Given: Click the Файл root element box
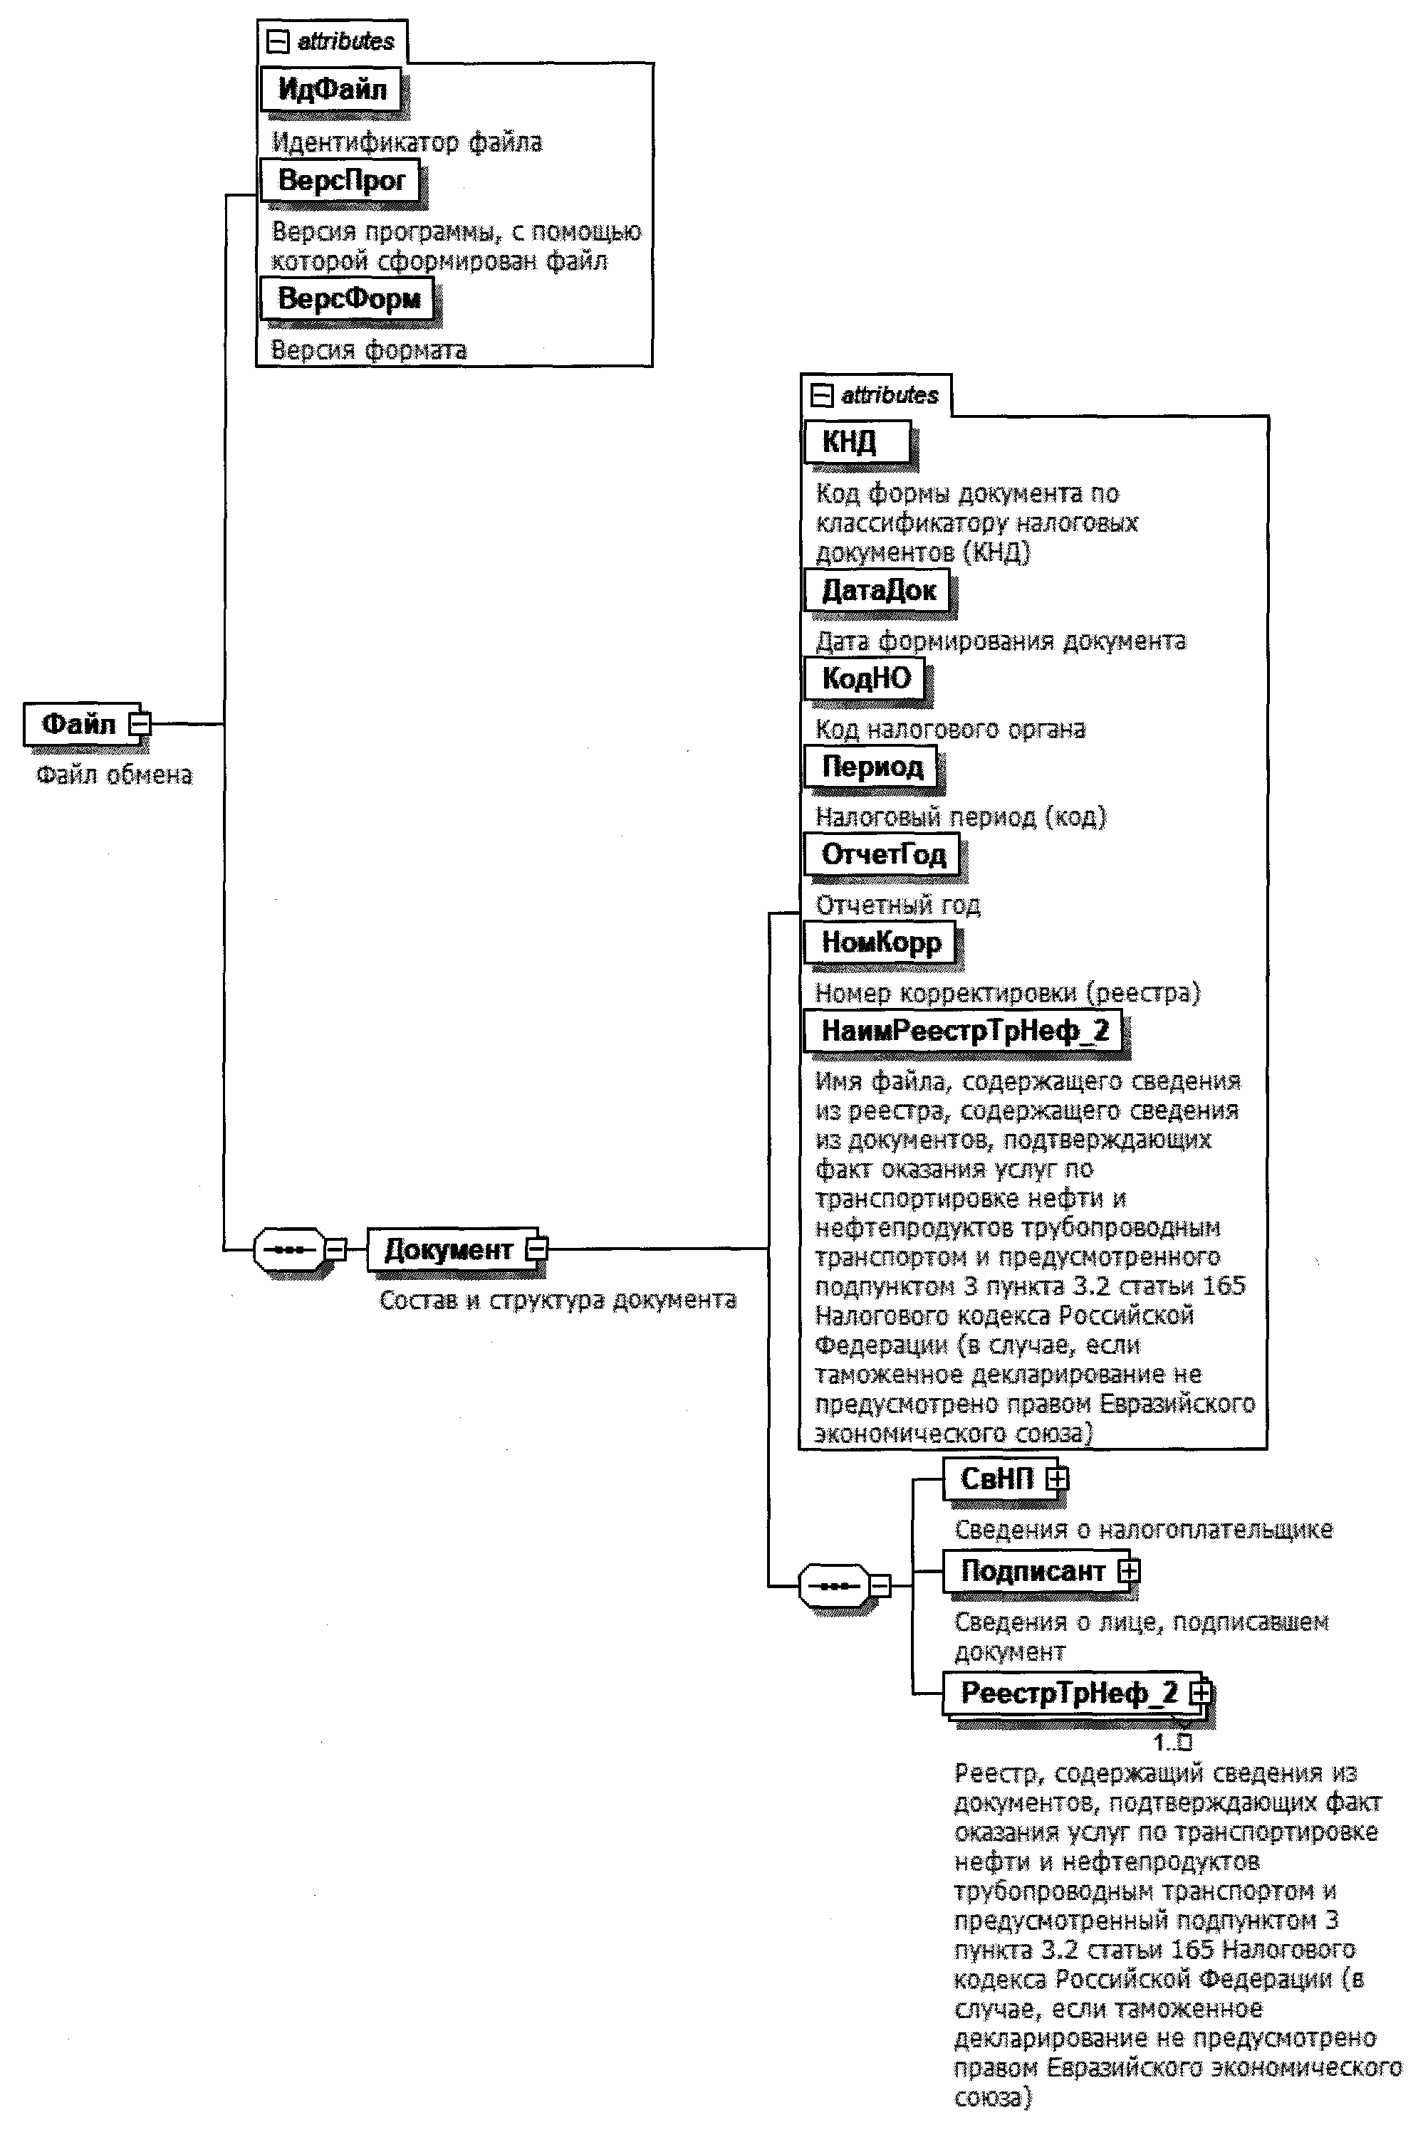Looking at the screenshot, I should coord(80,724).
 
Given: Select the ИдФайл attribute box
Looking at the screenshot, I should coord(331,89).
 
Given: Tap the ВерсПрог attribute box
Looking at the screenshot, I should coord(340,181).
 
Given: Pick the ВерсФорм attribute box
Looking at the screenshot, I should coord(348,298).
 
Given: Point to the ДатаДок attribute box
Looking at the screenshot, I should coord(877,591).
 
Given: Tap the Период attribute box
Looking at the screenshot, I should coord(871,767).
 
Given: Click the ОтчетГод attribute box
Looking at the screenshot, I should coord(882,854).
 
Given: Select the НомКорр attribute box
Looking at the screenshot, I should coord(880,943).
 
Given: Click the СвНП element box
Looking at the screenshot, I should coord(999,1479).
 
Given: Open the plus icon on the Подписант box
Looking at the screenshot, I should coord(1128,1571).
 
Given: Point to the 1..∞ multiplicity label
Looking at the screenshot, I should coord(1172,1741).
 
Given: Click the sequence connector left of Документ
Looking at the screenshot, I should coord(289,1249).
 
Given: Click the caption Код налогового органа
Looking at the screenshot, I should coord(950,729).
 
